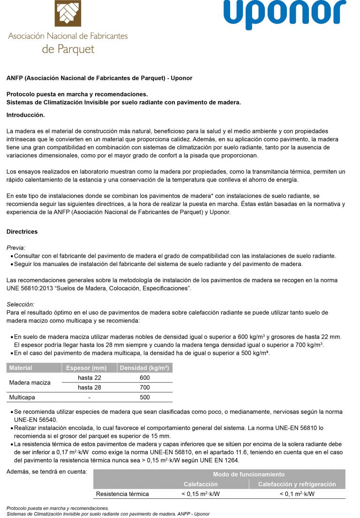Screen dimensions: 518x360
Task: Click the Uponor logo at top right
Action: (x=285, y=15)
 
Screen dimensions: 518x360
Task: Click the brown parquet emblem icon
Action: (x=68, y=13)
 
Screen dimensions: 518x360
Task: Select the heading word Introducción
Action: (x=26, y=114)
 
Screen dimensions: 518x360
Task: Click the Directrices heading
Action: (x=22, y=232)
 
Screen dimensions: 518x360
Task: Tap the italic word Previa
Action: (x=16, y=247)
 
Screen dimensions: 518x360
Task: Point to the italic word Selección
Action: (x=20, y=305)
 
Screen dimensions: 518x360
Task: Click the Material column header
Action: (x=21, y=368)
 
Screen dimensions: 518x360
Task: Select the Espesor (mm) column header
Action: (x=89, y=368)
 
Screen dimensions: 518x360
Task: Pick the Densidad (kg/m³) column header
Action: (x=144, y=368)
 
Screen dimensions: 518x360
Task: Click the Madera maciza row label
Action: (x=30, y=382)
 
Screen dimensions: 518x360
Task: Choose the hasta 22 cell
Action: (x=89, y=378)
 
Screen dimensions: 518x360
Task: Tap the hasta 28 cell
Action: (x=89, y=388)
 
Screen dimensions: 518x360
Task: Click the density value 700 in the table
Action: (x=145, y=388)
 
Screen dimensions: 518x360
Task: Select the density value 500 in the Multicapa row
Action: (x=145, y=397)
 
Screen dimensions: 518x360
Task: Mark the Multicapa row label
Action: (x=22, y=397)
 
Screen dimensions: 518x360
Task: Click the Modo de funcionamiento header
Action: (x=248, y=474)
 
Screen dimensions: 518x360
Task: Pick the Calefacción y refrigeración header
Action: (x=297, y=484)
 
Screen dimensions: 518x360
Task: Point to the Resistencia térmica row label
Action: (x=122, y=494)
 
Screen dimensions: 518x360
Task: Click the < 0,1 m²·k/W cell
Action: (x=297, y=494)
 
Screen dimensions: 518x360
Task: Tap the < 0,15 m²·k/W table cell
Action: (x=201, y=494)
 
